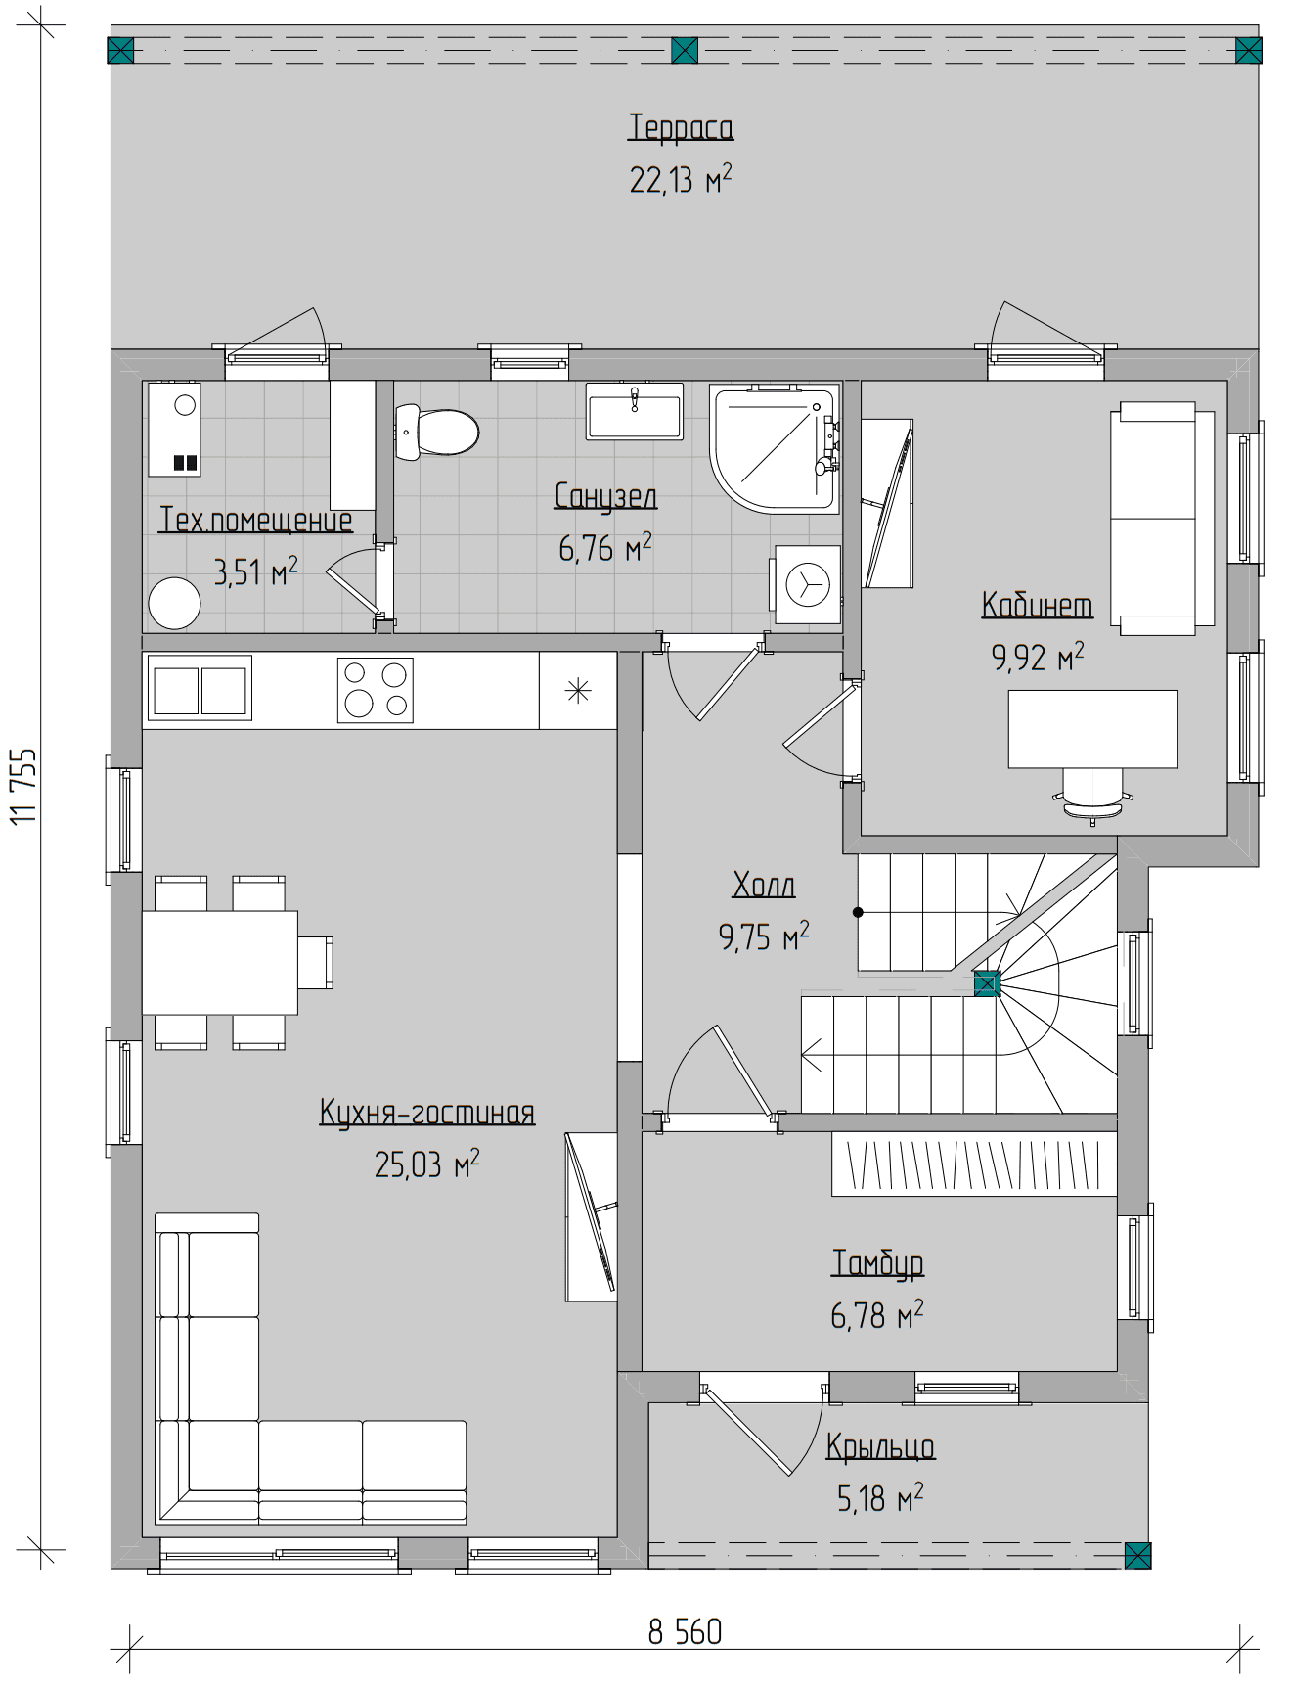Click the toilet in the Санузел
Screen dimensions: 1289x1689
coord(436,432)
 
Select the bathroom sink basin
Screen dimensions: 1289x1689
coord(634,410)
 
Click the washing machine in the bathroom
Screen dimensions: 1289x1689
coord(807,584)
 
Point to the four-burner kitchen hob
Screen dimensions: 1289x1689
coord(376,690)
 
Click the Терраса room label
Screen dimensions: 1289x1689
coord(681,127)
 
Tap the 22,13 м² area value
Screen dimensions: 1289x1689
coord(681,179)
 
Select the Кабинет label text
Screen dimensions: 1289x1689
coord(1037,605)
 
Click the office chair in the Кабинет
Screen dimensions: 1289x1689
coord(1093,795)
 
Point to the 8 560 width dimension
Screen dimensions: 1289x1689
coord(685,1631)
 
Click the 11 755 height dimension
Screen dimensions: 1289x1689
coord(23,787)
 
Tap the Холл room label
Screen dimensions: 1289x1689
coord(764,885)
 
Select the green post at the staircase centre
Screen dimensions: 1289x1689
coord(986,984)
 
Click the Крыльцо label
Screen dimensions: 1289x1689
coord(880,1446)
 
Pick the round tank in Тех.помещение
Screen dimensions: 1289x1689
coord(174,603)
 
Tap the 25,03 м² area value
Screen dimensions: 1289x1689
coord(427,1164)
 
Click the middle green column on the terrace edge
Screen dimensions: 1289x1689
coord(685,50)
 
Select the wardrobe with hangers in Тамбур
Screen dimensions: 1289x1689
coord(974,1164)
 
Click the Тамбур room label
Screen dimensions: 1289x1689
coord(877,1262)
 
